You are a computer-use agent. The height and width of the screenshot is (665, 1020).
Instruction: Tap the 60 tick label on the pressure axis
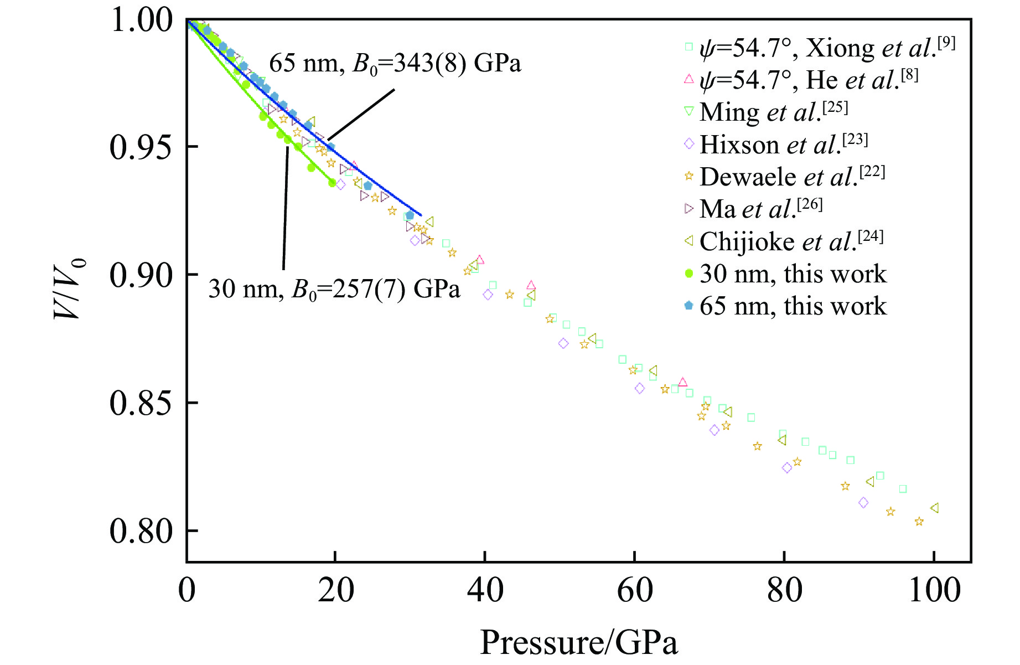[635, 590]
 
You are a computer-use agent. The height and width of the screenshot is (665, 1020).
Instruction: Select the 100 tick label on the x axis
[934, 590]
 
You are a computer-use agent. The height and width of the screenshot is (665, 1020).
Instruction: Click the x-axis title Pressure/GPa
[578, 642]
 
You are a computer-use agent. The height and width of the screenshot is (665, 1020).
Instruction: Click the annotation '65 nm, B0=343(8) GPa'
[395, 64]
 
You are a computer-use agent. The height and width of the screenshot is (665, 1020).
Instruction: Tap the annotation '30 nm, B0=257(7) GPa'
[334, 288]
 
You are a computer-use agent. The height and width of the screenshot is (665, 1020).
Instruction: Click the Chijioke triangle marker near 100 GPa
[934, 508]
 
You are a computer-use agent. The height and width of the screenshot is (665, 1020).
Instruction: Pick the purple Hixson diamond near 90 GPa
[863, 503]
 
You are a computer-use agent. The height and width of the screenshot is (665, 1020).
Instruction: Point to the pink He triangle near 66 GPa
[682, 382]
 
